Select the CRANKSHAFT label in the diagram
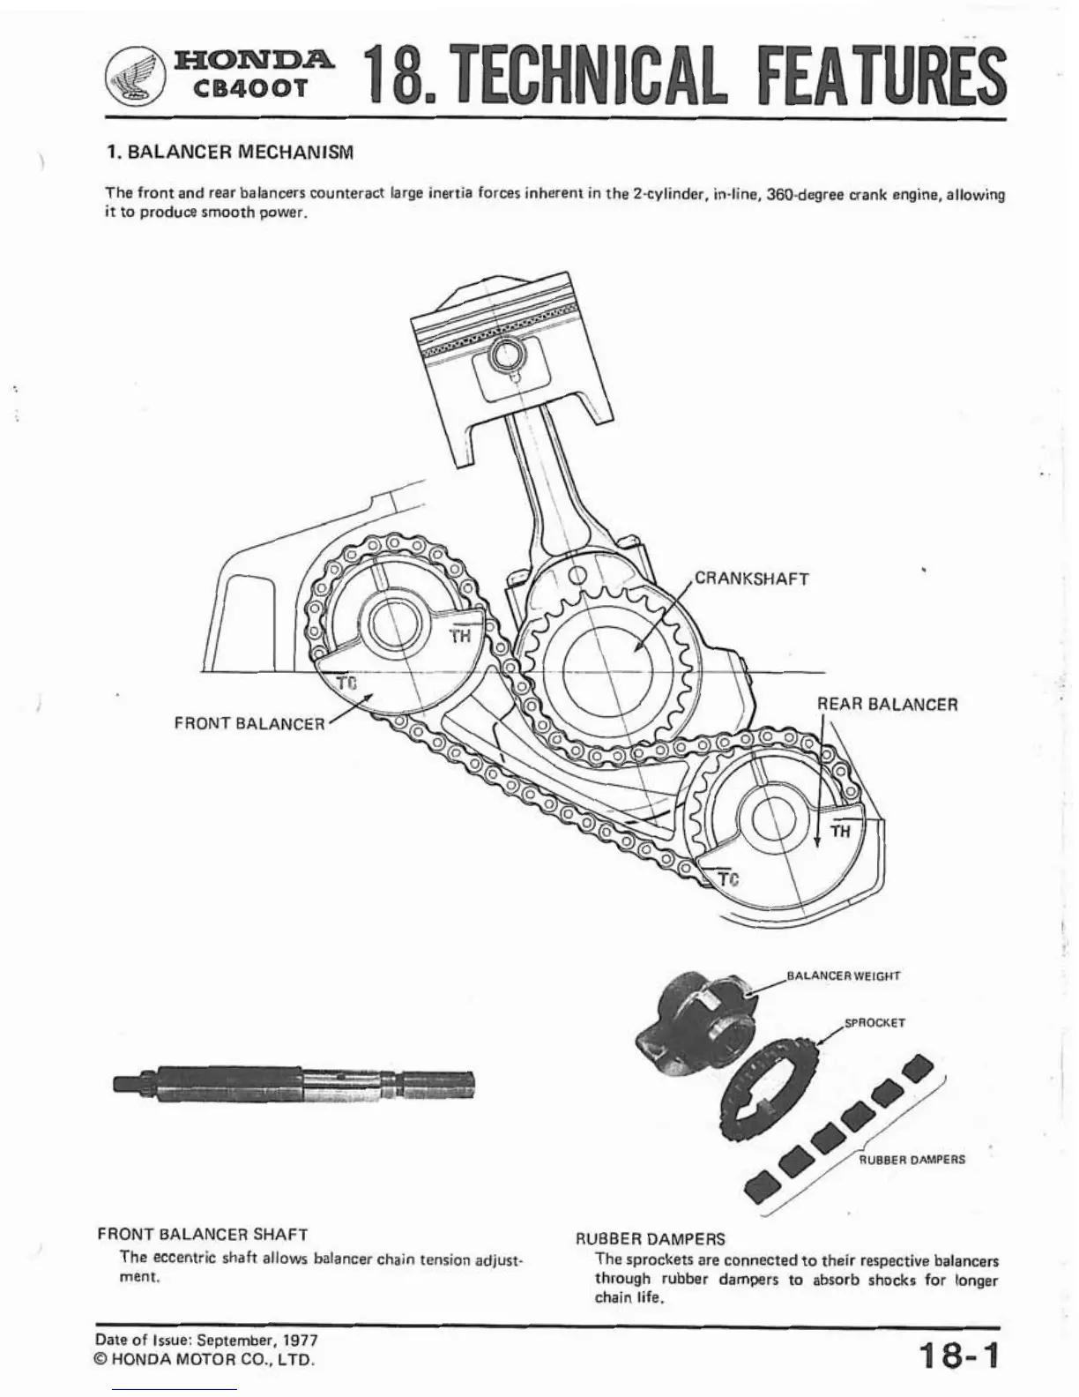[752, 579]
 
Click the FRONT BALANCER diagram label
[249, 723]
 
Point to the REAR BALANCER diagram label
[887, 705]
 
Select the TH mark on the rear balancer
[840, 831]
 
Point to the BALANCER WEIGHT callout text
[843, 976]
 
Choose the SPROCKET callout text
[874, 1023]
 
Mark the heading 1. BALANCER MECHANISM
[229, 152]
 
